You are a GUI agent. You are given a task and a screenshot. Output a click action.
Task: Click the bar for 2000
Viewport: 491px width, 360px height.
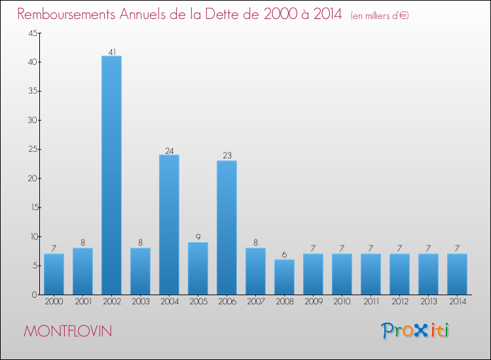pos(54,274)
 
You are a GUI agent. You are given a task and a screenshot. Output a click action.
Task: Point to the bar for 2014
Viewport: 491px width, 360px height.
pos(457,274)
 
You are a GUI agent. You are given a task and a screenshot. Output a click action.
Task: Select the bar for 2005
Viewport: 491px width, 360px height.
pos(198,268)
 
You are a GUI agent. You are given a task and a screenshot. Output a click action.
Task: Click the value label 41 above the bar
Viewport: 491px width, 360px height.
pos(111,52)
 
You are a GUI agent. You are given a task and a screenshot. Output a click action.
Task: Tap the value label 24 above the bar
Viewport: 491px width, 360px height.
pos(169,151)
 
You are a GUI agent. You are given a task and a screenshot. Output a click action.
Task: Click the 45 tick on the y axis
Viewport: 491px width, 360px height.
pos(31,33)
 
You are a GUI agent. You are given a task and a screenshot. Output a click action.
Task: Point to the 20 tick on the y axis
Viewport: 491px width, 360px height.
pos(31,178)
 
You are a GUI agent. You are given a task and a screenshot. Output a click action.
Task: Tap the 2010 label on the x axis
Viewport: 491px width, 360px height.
pos(342,302)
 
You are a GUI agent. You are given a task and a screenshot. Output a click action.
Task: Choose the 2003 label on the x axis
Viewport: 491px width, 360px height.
pos(140,302)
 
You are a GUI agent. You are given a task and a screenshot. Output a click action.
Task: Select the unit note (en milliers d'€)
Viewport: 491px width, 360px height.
pos(380,15)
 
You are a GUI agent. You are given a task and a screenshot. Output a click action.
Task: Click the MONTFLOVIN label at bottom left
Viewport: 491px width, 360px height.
pos(67,331)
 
